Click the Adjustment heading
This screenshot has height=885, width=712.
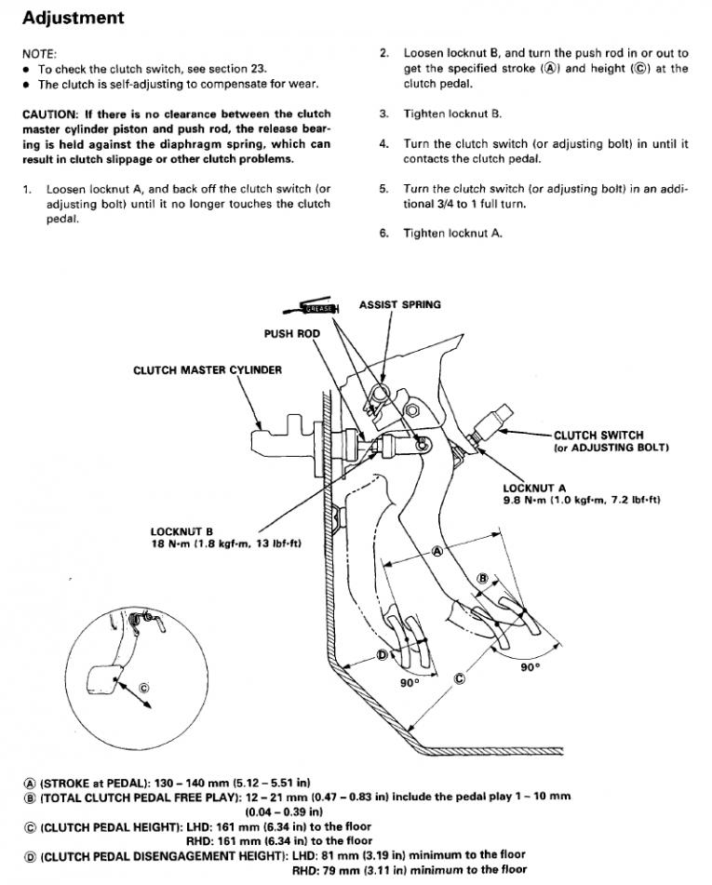tap(73, 18)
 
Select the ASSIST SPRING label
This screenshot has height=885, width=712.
tap(399, 304)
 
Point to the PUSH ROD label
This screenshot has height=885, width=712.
tap(291, 333)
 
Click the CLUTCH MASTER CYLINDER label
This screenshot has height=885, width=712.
tap(207, 369)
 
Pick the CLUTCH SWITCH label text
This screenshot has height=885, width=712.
tap(598, 435)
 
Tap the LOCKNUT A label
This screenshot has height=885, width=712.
tap(533, 488)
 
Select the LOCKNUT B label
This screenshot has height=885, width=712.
tap(181, 532)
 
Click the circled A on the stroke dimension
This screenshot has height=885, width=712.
tap(438, 551)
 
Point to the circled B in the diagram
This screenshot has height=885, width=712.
tap(482, 579)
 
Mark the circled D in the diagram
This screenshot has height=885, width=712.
tap(382, 655)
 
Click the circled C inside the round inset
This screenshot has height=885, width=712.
tap(142, 688)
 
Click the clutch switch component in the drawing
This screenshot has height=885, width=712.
tap(490, 425)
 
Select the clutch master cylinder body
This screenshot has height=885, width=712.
tap(284, 437)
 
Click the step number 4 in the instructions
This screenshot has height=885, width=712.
tap(383, 144)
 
